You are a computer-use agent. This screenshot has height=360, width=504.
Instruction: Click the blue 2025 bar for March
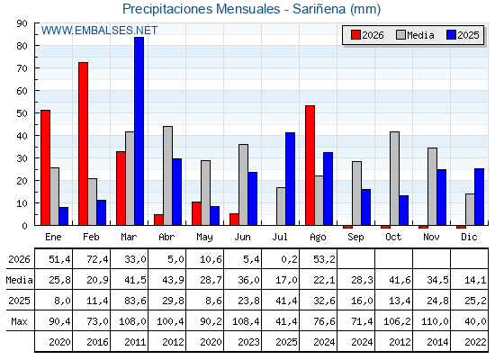click(139, 131)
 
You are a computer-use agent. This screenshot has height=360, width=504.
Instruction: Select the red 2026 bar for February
click(83, 144)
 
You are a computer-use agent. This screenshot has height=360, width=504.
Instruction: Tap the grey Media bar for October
click(395, 178)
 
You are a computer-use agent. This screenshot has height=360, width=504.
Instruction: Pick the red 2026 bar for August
click(310, 166)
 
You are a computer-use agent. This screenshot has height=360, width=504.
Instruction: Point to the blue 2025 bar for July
click(290, 179)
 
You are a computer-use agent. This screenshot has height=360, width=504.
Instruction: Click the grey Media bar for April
click(167, 175)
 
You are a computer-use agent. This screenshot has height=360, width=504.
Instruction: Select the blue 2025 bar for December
click(479, 197)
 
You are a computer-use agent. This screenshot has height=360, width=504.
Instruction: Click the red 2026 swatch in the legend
click(355, 35)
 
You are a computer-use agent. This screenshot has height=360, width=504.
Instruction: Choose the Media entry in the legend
click(415, 35)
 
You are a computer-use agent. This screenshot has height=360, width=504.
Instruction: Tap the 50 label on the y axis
click(22, 113)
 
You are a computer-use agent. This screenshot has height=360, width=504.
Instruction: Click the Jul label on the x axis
click(280, 237)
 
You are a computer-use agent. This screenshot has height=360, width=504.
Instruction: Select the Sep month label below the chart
click(355, 238)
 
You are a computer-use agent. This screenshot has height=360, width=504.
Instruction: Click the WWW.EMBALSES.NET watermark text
click(99, 31)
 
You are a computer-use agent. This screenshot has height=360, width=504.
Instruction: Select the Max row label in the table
click(19, 321)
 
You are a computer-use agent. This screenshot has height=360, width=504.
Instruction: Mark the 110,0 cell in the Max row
click(435, 321)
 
